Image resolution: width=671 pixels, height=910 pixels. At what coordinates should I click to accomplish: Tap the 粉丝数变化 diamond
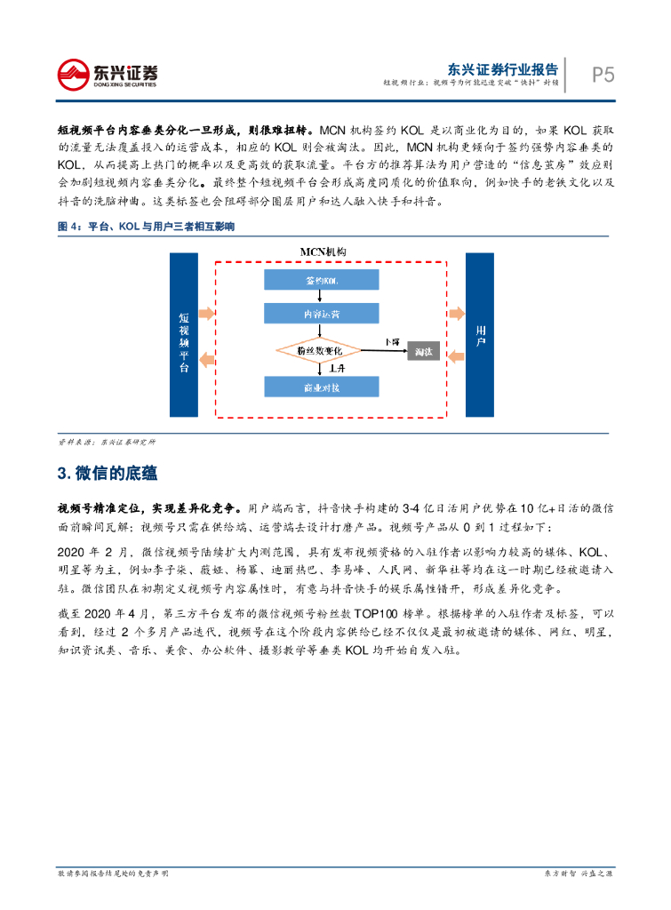point(319,351)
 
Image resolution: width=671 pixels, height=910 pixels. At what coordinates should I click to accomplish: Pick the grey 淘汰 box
point(423,352)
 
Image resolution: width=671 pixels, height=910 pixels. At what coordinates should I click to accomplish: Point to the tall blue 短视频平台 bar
point(184,334)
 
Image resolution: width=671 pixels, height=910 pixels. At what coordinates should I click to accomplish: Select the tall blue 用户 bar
point(479,334)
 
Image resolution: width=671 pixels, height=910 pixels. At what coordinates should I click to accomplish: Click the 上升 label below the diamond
point(337,368)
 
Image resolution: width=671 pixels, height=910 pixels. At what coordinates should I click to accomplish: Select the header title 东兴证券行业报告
point(502,68)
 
